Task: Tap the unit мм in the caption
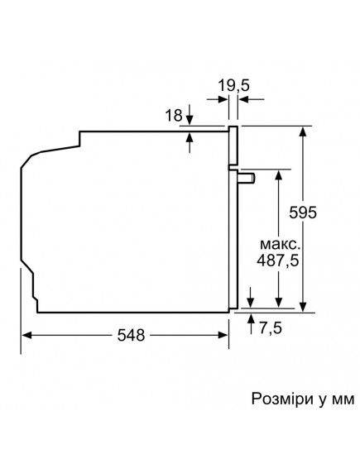[340, 399]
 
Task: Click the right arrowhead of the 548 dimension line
[225, 335]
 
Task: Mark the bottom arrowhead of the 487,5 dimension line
[280, 305]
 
